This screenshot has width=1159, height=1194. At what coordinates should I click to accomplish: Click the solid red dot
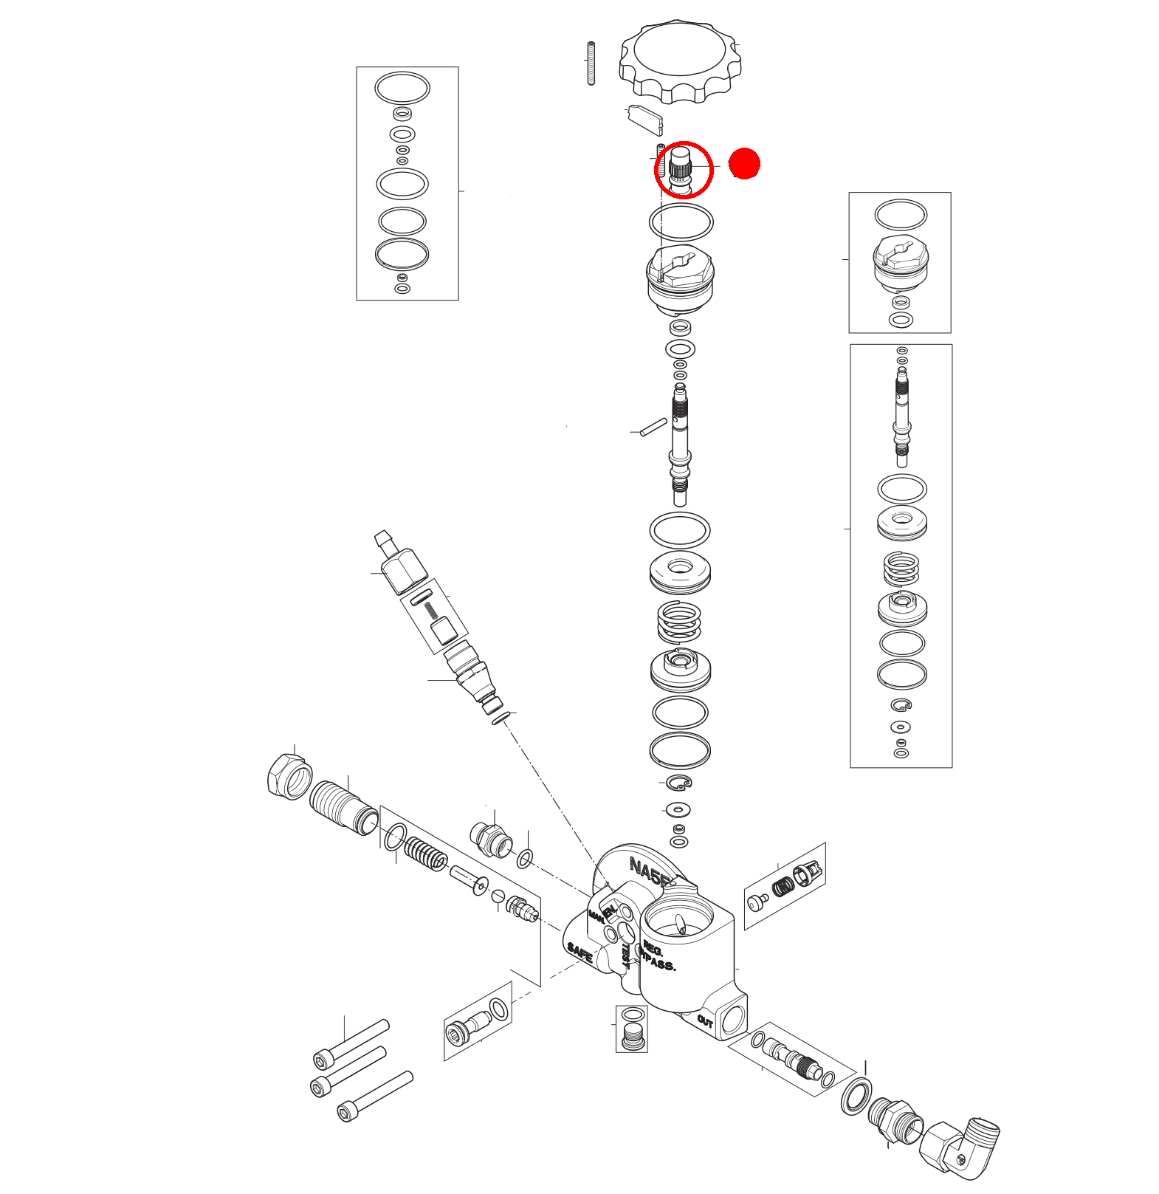(744, 164)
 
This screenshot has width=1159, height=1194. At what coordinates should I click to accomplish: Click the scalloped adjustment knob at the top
(680, 61)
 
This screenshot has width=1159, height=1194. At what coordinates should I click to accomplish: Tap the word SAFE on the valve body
(580, 952)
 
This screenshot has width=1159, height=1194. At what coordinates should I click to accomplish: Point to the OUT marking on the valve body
(705, 1022)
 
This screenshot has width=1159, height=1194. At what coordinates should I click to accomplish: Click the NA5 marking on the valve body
(647, 871)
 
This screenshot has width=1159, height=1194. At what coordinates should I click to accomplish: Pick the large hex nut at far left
(288, 776)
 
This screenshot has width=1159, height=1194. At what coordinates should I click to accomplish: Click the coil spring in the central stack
(679, 622)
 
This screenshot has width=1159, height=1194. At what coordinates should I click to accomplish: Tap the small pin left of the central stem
(653, 427)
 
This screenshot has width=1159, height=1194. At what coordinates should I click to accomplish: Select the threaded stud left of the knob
(591, 64)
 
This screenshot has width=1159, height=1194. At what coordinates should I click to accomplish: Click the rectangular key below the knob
(645, 120)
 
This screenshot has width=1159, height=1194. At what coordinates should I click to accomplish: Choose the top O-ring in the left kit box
(402, 88)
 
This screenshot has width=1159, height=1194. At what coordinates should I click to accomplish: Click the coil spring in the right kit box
(901, 569)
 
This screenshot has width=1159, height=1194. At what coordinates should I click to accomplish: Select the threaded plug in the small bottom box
(633, 1036)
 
